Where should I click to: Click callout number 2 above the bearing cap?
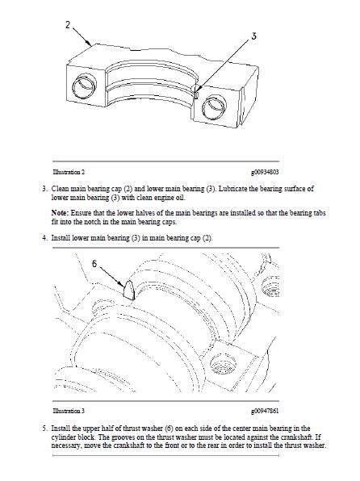[68, 25]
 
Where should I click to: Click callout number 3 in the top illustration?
[253, 36]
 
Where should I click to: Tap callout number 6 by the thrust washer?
[94, 264]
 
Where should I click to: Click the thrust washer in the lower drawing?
[129, 289]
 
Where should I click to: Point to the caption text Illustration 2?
[69, 172]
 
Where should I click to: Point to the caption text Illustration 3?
[69, 411]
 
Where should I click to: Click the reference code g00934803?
[265, 172]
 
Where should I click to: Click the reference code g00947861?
[265, 411]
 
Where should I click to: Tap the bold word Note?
[60, 213]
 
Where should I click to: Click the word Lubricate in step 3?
[233, 188]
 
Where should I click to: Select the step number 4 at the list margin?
[45, 238]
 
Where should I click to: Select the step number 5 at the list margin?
[45, 429]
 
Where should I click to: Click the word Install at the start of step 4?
[61, 238]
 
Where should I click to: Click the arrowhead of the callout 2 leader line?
[89, 44]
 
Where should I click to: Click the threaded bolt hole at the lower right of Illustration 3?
[224, 366]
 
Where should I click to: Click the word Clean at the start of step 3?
[60, 188]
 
